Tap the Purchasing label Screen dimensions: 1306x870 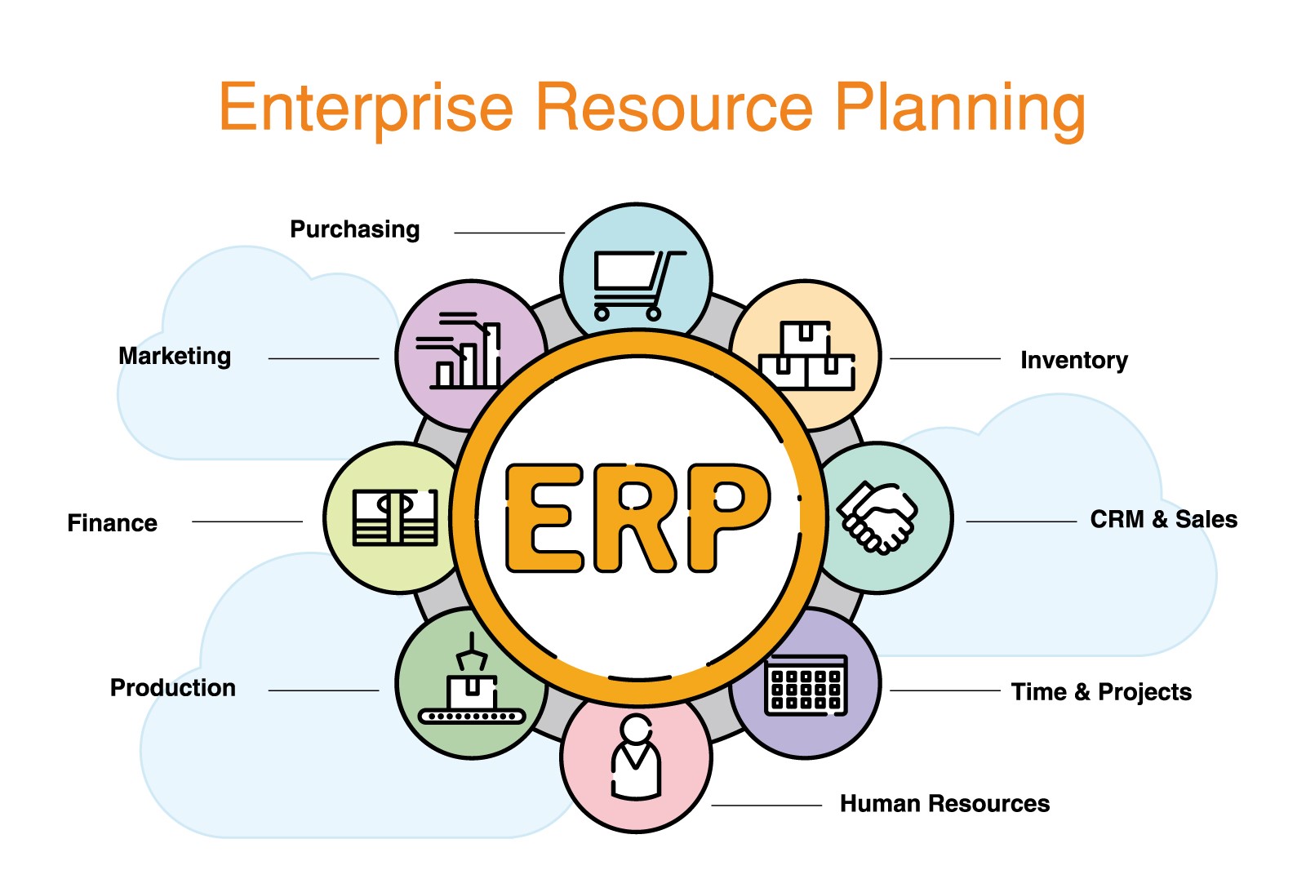tap(355, 230)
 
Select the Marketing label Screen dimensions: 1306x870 tap(175, 356)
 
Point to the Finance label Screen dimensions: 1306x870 tap(113, 523)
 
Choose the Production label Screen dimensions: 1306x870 tap(173, 688)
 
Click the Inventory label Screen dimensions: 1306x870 tap(1074, 361)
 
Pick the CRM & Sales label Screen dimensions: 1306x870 tap(1164, 519)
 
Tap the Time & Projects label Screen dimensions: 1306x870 tap(1101, 692)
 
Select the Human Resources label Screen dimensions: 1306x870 tap(944, 804)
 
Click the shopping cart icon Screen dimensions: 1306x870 tap(639, 286)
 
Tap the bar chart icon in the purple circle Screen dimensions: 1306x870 tap(459, 350)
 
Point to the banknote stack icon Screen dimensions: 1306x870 tap(395, 517)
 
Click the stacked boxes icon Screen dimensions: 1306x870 tap(806, 355)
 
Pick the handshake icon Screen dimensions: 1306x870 tap(877, 517)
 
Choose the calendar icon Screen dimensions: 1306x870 tap(806, 686)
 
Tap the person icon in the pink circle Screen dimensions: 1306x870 tap(636, 757)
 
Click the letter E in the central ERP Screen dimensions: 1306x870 tap(544, 517)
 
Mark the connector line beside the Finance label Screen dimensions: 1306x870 tap(247, 522)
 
